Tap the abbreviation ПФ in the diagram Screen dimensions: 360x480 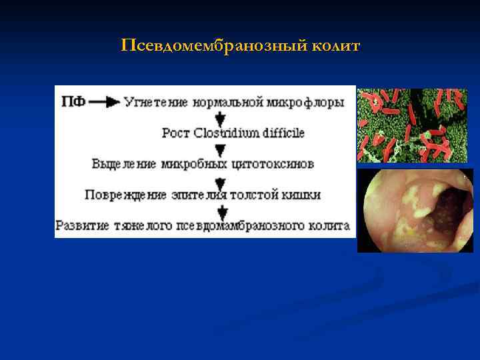tap(73, 102)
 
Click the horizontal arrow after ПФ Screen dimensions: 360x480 tap(104, 102)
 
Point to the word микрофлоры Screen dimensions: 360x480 tap(307, 102)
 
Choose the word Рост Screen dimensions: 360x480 tap(176, 133)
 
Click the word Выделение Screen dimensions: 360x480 tap(124, 163)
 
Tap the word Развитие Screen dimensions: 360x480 tap(82, 225)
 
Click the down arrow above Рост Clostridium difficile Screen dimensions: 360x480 tap(221, 117)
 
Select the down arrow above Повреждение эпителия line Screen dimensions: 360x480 tap(221, 179)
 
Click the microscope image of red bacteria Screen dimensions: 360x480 tap(412, 125)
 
